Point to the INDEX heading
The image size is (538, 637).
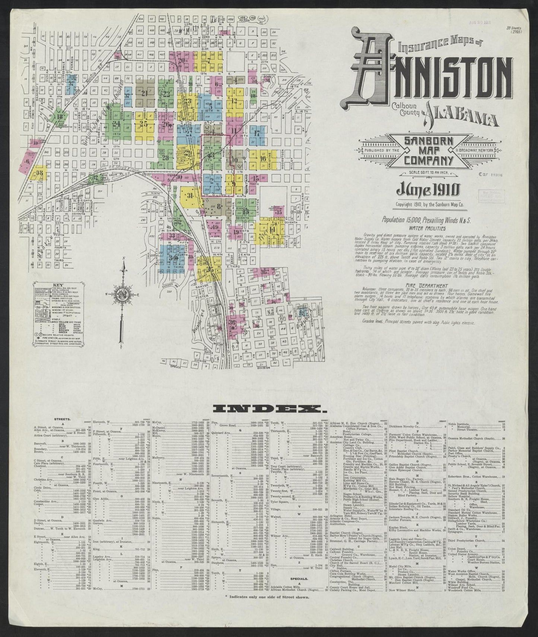[x=268, y=410]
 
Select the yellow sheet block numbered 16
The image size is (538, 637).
[x=263, y=158]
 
